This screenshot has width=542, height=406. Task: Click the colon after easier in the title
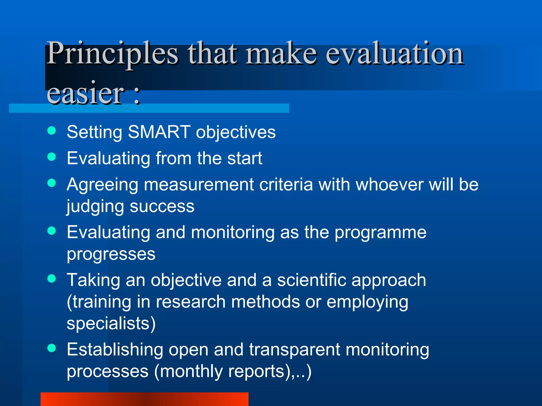137,95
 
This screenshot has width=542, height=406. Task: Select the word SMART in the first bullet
159,132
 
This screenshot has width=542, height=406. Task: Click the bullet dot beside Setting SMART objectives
52,131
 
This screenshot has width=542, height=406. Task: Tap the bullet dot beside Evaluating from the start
52,157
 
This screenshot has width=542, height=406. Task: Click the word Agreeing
102,185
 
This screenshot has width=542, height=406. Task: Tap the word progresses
111,255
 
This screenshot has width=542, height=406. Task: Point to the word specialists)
111,324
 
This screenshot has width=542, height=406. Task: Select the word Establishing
115,350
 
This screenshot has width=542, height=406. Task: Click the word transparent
294,350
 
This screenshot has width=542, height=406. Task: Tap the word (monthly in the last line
188,371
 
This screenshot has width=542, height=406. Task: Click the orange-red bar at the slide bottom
144,399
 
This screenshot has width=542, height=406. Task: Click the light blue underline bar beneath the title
212,108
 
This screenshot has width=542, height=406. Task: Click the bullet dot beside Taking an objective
52,279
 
